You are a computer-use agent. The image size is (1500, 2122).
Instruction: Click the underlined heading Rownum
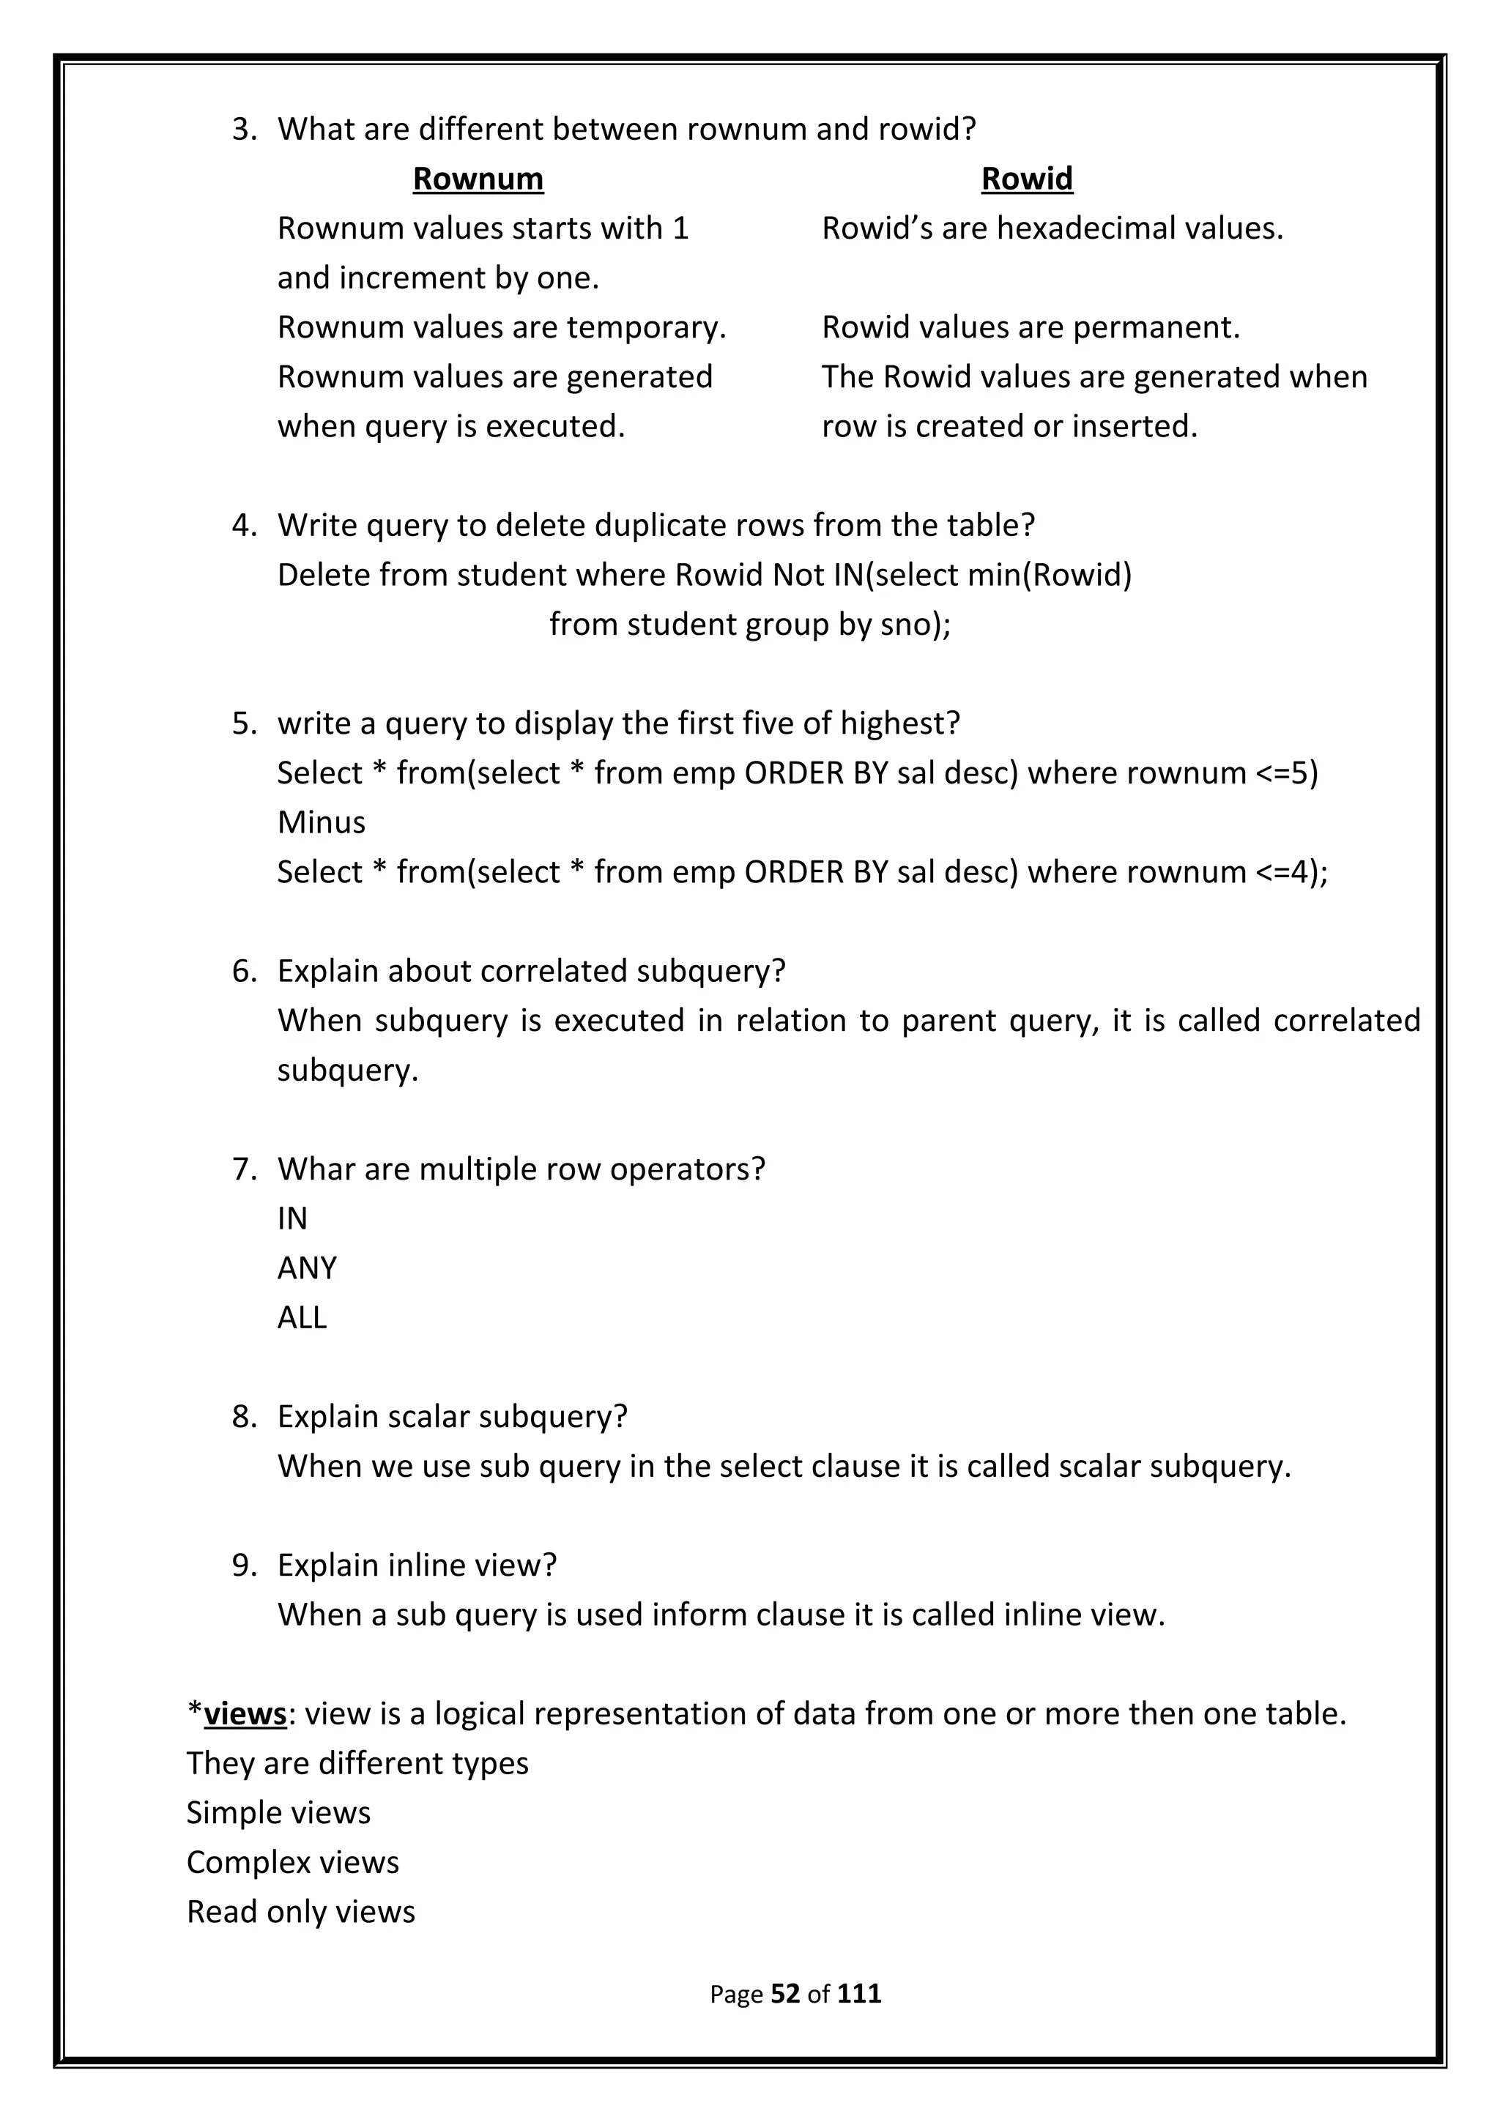coord(478,179)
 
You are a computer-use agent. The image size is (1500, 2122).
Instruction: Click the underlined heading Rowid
coord(1026,179)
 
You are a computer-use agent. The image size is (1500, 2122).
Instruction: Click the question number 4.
coord(242,525)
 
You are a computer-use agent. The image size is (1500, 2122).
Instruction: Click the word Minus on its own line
coord(321,822)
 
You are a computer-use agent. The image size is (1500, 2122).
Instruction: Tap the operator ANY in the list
coord(307,1268)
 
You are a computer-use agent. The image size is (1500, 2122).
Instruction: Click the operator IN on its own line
coord(292,1218)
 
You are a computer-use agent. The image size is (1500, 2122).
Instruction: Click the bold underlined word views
coord(245,1713)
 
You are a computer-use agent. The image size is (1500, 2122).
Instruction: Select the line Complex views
coord(292,1862)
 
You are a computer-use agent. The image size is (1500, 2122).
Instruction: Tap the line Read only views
coord(300,1911)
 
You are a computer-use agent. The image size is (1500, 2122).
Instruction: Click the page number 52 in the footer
coord(784,1994)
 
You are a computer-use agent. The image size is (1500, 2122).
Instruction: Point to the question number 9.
coord(242,1566)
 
